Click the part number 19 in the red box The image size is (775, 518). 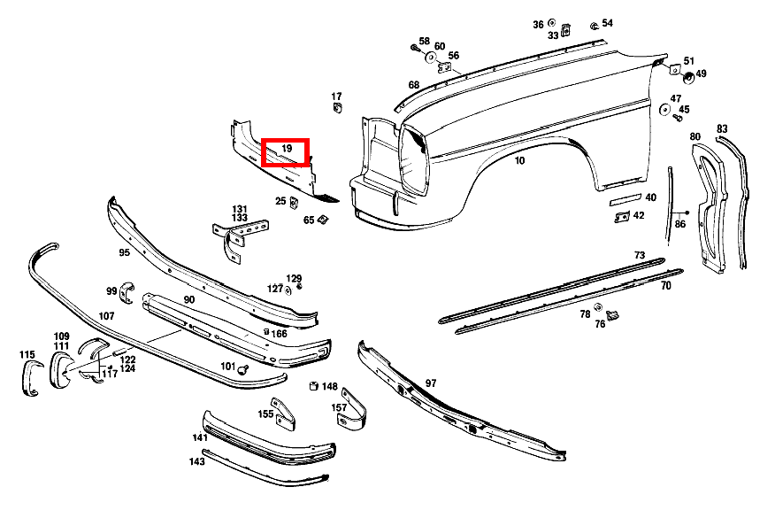pyautogui.click(x=287, y=149)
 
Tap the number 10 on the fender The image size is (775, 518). pyautogui.click(x=519, y=161)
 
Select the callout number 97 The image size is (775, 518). pyautogui.click(x=431, y=383)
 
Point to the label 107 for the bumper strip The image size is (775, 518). pyautogui.click(x=106, y=315)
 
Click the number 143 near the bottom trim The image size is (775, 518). pyautogui.click(x=196, y=461)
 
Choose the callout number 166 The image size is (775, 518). pyautogui.click(x=280, y=334)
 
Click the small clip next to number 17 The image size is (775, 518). pyautogui.click(x=338, y=107)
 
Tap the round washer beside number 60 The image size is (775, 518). pyautogui.click(x=431, y=58)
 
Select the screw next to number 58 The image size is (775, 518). pyautogui.click(x=415, y=48)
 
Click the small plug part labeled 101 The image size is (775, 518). pyautogui.click(x=242, y=369)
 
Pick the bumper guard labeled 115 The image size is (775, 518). pyautogui.click(x=31, y=378)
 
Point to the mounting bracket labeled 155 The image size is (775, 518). pyautogui.click(x=284, y=414)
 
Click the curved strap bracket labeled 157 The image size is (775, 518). pyautogui.click(x=352, y=410)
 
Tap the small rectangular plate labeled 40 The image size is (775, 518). pyautogui.click(x=625, y=199)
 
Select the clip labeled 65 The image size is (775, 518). pyautogui.click(x=323, y=219)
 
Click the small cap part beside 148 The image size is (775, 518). pyautogui.click(x=313, y=386)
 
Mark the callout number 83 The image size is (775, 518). pyautogui.click(x=722, y=129)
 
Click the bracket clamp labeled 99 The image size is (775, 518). pyautogui.click(x=127, y=292)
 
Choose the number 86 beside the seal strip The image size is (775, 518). pyautogui.click(x=680, y=224)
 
